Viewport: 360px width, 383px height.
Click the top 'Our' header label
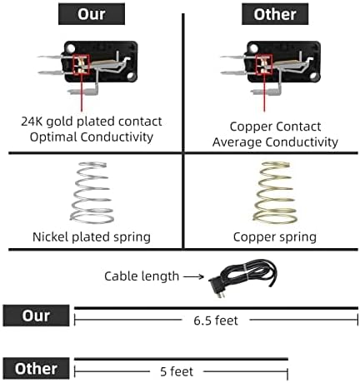click(92, 14)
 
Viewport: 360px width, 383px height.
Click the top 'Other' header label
click(275, 14)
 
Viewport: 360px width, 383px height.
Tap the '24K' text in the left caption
click(32, 122)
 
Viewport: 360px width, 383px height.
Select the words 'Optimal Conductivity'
click(92, 137)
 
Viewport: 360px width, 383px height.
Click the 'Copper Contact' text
click(275, 127)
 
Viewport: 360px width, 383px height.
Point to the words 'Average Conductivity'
click(275, 142)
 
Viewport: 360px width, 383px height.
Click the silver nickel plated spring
click(92, 192)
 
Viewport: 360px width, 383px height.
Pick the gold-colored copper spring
click(275, 192)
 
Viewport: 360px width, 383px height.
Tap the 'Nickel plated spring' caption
click(92, 237)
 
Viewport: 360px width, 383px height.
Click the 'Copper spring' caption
click(275, 237)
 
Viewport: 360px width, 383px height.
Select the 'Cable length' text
click(142, 276)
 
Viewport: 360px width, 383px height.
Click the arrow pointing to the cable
click(193, 276)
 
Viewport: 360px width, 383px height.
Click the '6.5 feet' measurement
click(216, 321)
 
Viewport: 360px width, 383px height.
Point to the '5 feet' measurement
click(177, 371)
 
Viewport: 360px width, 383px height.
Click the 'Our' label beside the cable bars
click(36, 316)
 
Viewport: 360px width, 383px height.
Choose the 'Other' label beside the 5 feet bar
click(36, 368)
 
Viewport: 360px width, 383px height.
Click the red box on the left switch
click(82, 65)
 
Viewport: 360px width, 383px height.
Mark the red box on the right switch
click(264, 65)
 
